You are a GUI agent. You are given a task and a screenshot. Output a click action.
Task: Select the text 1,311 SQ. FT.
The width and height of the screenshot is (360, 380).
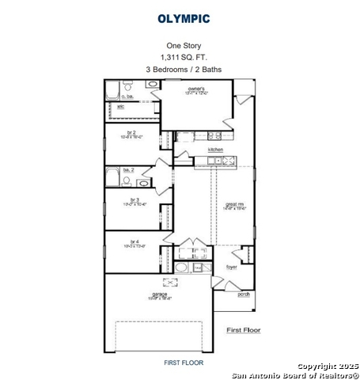(x=184, y=58)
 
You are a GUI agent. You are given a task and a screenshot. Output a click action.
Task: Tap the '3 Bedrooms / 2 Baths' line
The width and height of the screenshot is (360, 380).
(x=184, y=70)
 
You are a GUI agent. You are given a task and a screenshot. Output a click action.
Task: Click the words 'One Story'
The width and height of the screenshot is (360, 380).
(x=184, y=46)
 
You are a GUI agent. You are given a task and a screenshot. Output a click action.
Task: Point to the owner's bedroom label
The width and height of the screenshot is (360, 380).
(x=196, y=89)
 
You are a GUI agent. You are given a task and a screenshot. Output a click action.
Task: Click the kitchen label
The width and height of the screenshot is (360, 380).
(x=215, y=150)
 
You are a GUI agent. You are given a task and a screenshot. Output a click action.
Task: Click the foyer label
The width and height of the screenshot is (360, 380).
(x=232, y=268)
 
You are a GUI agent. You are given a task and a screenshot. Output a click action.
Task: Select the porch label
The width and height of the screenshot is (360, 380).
(x=244, y=294)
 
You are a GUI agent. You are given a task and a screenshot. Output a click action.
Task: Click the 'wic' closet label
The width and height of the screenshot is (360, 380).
(x=121, y=106)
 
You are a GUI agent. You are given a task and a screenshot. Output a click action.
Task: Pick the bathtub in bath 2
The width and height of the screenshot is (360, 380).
(x=115, y=181)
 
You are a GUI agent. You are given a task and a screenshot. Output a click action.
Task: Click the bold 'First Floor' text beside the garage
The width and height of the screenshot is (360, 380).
(x=244, y=329)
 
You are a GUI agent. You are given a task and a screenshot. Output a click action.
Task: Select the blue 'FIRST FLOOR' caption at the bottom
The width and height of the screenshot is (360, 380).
(x=184, y=363)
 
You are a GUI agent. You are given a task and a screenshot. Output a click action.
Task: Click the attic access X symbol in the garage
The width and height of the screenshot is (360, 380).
(x=168, y=282)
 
